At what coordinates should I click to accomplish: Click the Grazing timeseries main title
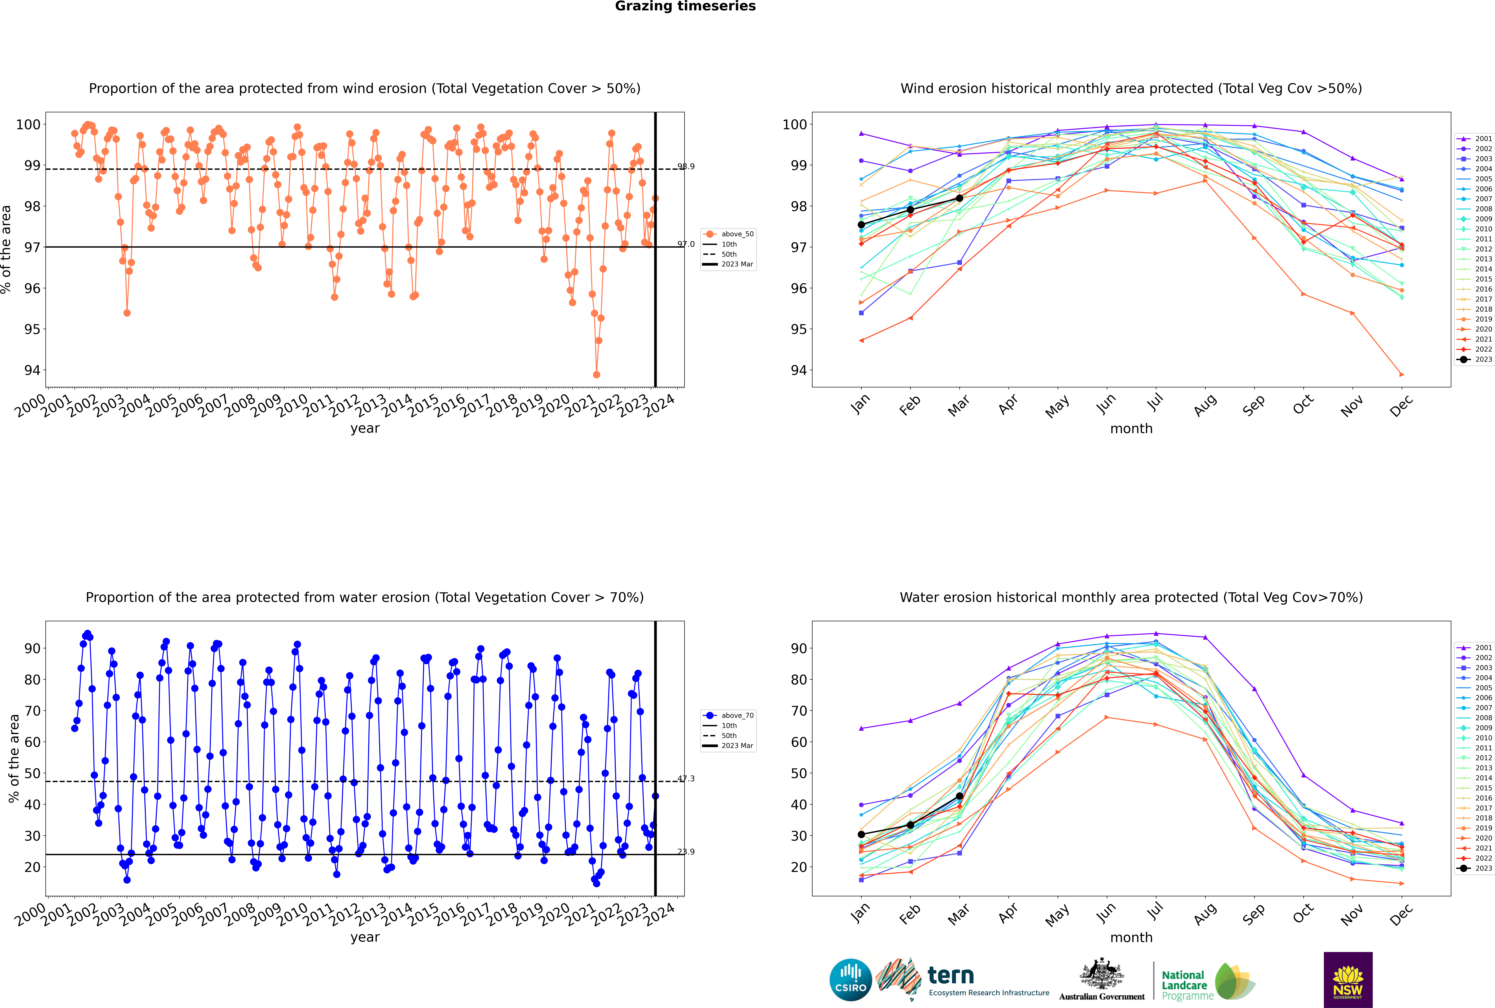tap(685, 6)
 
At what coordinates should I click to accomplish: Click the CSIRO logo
tap(850, 980)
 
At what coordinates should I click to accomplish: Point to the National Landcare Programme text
tap(1184, 985)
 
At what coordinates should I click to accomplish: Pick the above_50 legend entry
tap(737, 234)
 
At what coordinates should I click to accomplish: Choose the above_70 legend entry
tap(737, 716)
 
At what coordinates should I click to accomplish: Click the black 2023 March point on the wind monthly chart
tap(960, 198)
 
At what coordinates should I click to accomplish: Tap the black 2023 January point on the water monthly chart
tap(861, 834)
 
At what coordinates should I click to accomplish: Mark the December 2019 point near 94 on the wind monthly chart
tap(1402, 374)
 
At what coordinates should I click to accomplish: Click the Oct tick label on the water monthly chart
tap(1303, 913)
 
